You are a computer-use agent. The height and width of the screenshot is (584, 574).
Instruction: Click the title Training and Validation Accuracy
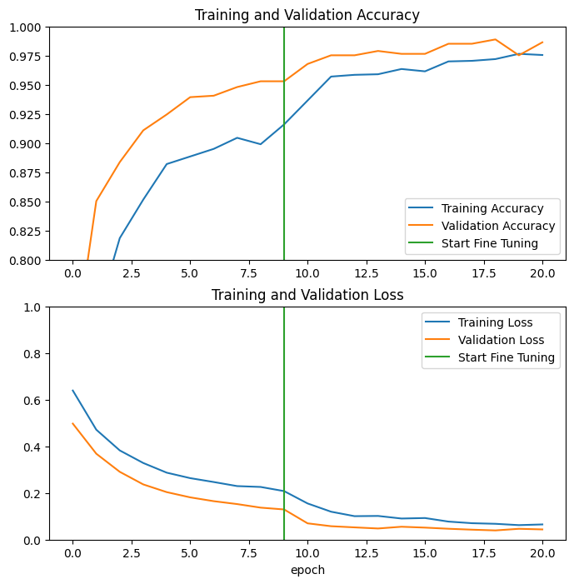coord(307,15)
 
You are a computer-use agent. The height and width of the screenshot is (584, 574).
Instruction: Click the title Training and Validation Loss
coord(307,295)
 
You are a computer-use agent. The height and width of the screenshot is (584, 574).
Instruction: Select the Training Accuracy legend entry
coord(492,208)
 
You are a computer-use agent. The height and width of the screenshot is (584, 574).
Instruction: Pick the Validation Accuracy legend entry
coord(497,226)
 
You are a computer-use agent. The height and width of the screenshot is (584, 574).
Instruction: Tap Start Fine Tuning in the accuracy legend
coord(489,243)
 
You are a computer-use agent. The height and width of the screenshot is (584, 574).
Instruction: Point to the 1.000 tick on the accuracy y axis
coord(29,27)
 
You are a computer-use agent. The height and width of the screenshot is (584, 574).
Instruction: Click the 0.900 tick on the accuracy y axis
coord(29,144)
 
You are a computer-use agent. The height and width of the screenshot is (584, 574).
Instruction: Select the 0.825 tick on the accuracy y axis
coord(29,232)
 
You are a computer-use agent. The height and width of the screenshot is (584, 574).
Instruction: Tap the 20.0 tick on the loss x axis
coord(542,552)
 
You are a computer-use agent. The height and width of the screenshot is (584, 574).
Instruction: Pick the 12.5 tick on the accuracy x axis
coord(367,272)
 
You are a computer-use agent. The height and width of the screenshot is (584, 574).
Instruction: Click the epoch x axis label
coord(307,570)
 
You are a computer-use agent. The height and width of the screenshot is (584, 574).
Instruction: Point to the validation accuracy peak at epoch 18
coord(495,39)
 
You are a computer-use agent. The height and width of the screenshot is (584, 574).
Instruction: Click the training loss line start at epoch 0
coord(72,390)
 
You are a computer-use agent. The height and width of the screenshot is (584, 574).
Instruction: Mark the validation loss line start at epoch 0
coord(72,423)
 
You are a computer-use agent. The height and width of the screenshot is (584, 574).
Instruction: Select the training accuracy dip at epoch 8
coord(261,144)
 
